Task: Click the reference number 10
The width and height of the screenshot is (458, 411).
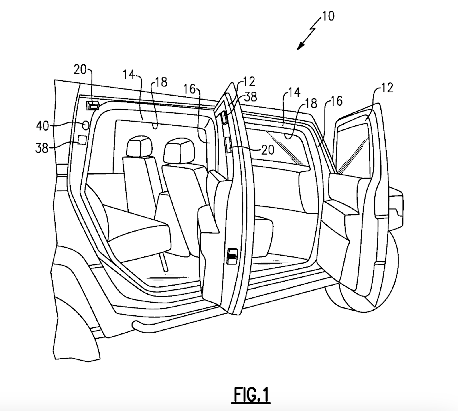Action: tap(328, 16)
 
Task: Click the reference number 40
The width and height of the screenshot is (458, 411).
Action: tap(42, 126)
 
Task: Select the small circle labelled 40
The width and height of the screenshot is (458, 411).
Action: tap(85, 125)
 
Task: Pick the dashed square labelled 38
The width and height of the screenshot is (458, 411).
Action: tap(82, 140)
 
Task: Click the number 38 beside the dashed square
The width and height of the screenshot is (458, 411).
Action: tap(42, 148)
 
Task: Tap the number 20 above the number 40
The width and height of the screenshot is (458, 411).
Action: tap(80, 70)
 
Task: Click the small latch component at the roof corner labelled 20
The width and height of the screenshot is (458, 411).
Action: tap(93, 106)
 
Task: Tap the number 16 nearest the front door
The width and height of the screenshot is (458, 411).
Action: tap(336, 101)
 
